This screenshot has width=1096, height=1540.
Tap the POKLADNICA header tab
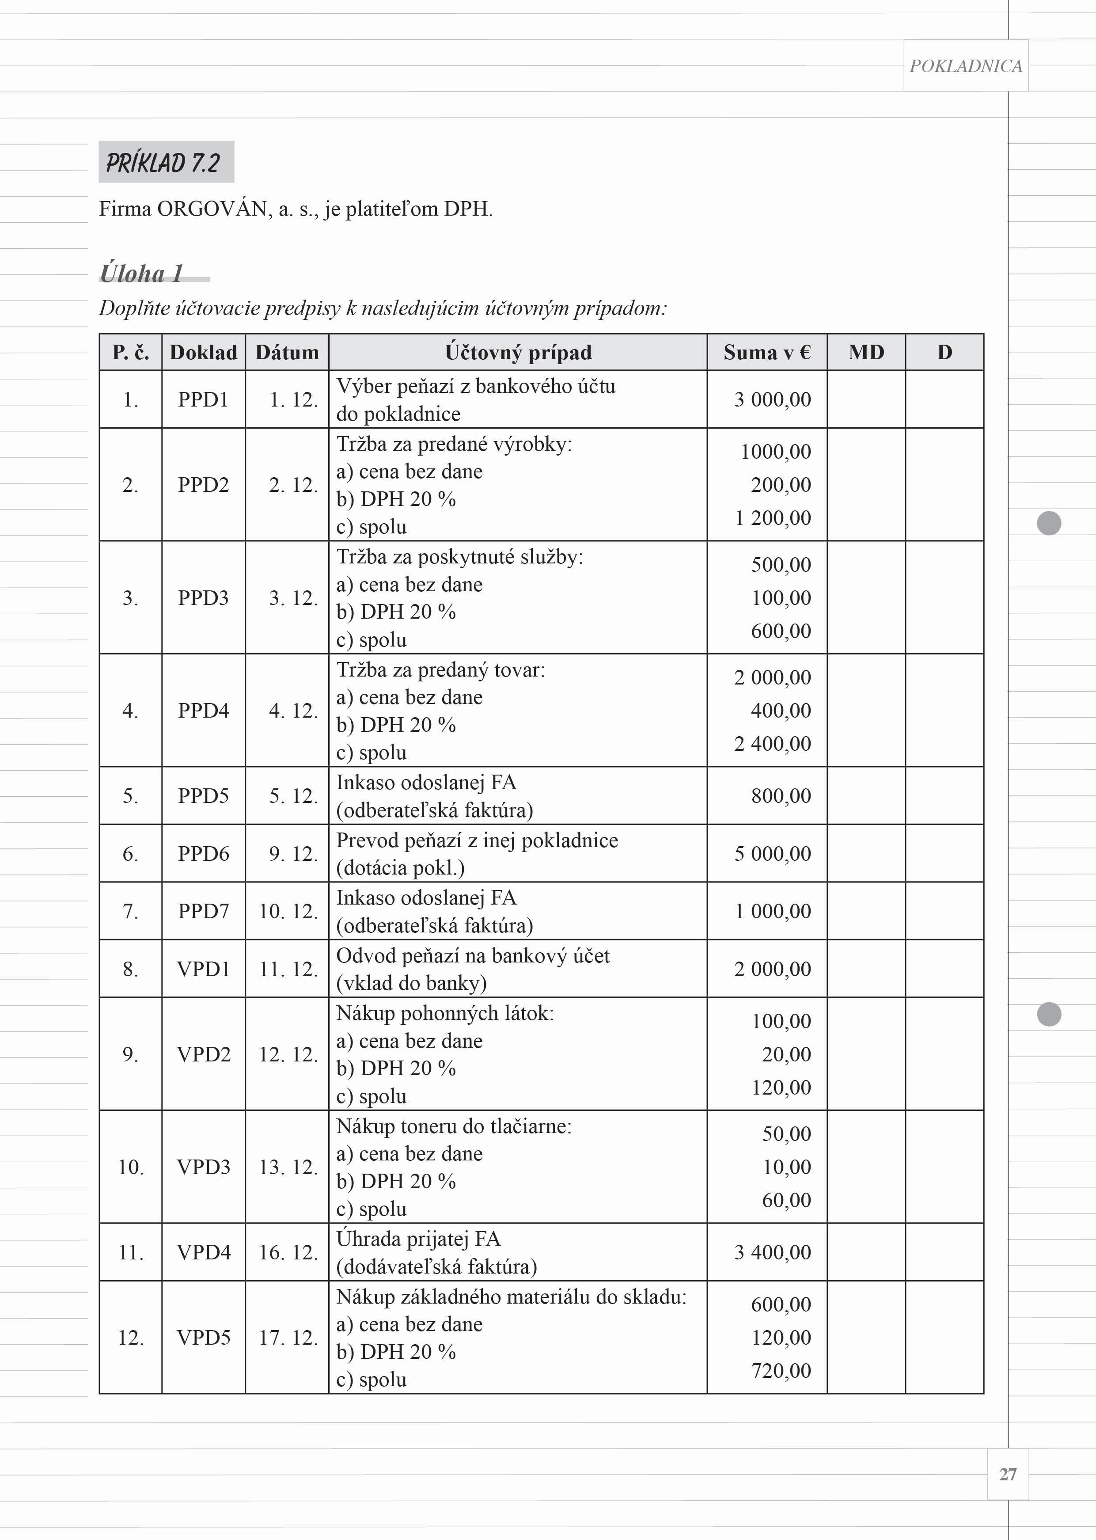click(x=965, y=66)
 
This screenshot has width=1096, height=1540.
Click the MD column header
click(x=866, y=353)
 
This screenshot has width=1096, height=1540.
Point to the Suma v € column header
click(x=766, y=353)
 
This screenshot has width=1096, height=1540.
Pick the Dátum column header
click(x=287, y=353)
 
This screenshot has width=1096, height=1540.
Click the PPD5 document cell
click(x=203, y=796)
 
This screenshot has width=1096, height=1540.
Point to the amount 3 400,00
click(x=772, y=1252)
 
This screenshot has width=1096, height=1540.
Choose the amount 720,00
click(x=781, y=1371)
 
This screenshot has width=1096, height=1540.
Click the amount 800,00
click(x=781, y=796)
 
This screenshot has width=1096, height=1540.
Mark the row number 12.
click(x=131, y=1338)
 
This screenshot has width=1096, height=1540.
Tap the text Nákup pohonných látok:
click(x=445, y=1013)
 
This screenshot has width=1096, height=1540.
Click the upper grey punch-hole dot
click(x=1049, y=523)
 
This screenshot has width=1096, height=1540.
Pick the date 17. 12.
click(x=288, y=1338)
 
